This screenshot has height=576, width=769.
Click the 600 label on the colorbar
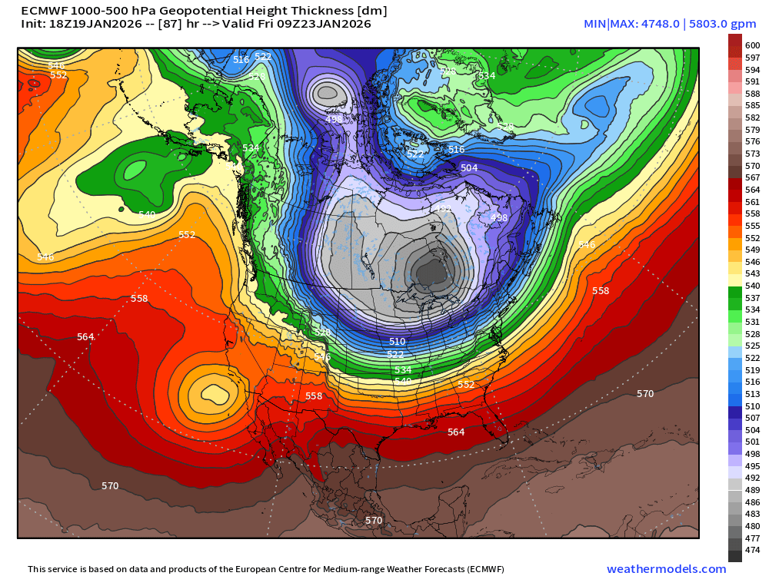tap(753, 45)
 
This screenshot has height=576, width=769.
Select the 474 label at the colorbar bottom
tap(753, 550)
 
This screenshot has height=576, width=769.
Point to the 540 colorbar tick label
tap(753, 286)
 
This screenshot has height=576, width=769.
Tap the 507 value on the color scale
tap(753, 418)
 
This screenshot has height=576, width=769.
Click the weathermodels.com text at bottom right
tap(666, 569)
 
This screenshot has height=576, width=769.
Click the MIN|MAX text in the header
tap(611, 24)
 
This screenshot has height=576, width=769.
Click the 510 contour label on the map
tap(397, 341)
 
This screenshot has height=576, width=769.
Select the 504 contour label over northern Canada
tap(469, 167)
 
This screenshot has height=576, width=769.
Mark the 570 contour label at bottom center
tap(374, 520)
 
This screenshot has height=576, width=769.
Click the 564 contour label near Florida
tap(456, 432)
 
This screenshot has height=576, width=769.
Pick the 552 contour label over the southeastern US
tap(466, 384)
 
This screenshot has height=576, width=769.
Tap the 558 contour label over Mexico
tap(314, 396)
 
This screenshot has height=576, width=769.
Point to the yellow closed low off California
tap(211, 393)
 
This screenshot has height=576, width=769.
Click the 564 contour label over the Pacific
tap(85, 337)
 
